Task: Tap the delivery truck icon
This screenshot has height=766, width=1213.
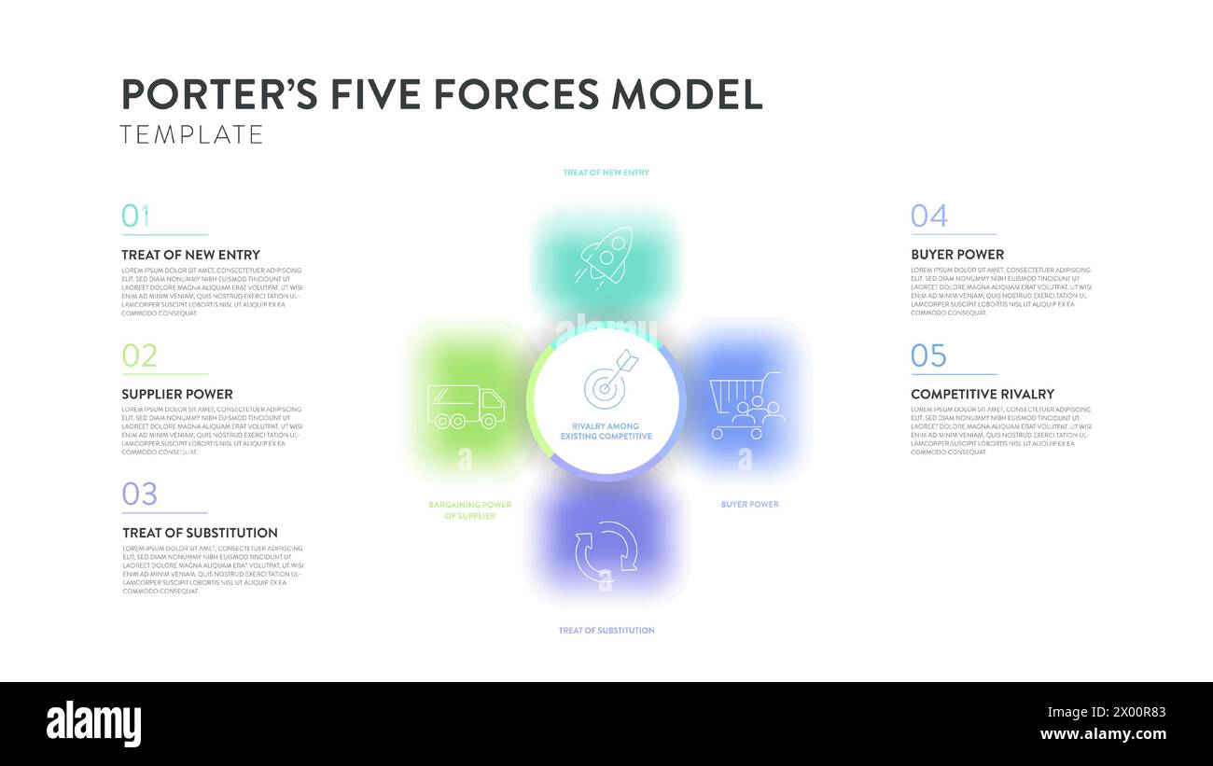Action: [x=466, y=407]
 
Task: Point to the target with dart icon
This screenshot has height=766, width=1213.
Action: [x=609, y=380]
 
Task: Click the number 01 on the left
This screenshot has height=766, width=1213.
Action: [x=136, y=216]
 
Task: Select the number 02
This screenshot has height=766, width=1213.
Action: [x=140, y=355]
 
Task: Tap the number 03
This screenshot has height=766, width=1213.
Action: [x=140, y=494]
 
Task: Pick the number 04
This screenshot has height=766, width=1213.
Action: [x=929, y=216]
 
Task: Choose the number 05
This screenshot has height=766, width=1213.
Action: [x=929, y=355]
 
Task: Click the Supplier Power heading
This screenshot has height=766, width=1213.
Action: [x=177, y=395]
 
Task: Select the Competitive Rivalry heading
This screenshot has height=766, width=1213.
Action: [x=983, y=395]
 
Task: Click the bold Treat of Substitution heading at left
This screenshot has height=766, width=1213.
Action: [x=200, y=534]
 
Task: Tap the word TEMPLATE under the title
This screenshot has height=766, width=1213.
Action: [x=192, y=134]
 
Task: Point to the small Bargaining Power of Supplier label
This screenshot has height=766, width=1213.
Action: [x=470, y=510]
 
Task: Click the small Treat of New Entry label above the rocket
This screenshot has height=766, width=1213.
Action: [x=606, y=173]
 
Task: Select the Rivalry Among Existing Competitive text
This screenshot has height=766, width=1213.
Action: [x=606, y=431]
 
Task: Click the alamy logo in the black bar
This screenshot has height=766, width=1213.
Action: [x=94, y=724]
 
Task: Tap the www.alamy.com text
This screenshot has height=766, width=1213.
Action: [x=1103, y=734]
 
